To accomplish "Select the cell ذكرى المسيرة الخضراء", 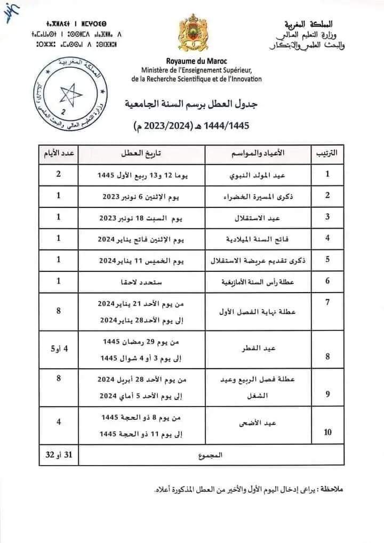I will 256,196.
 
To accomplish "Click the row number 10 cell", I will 327,432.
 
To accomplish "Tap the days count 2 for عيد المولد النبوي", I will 58,174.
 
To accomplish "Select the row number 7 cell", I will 327,302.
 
